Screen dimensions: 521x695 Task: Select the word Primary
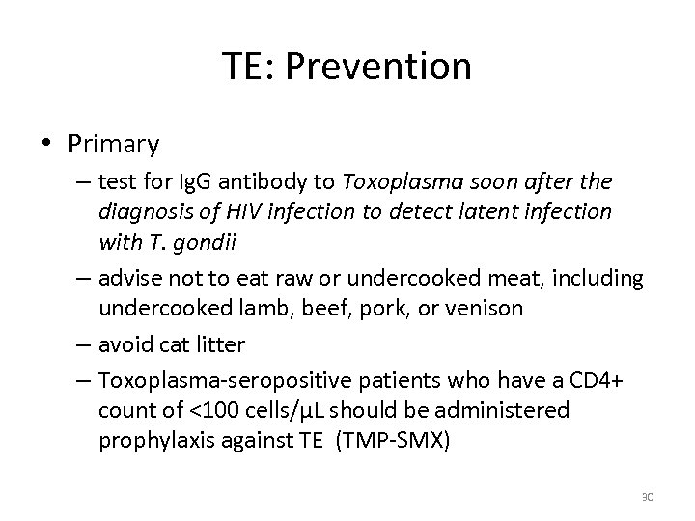(114, 145)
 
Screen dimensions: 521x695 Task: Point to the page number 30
(648, 497)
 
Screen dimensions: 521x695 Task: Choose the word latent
(481, 210)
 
